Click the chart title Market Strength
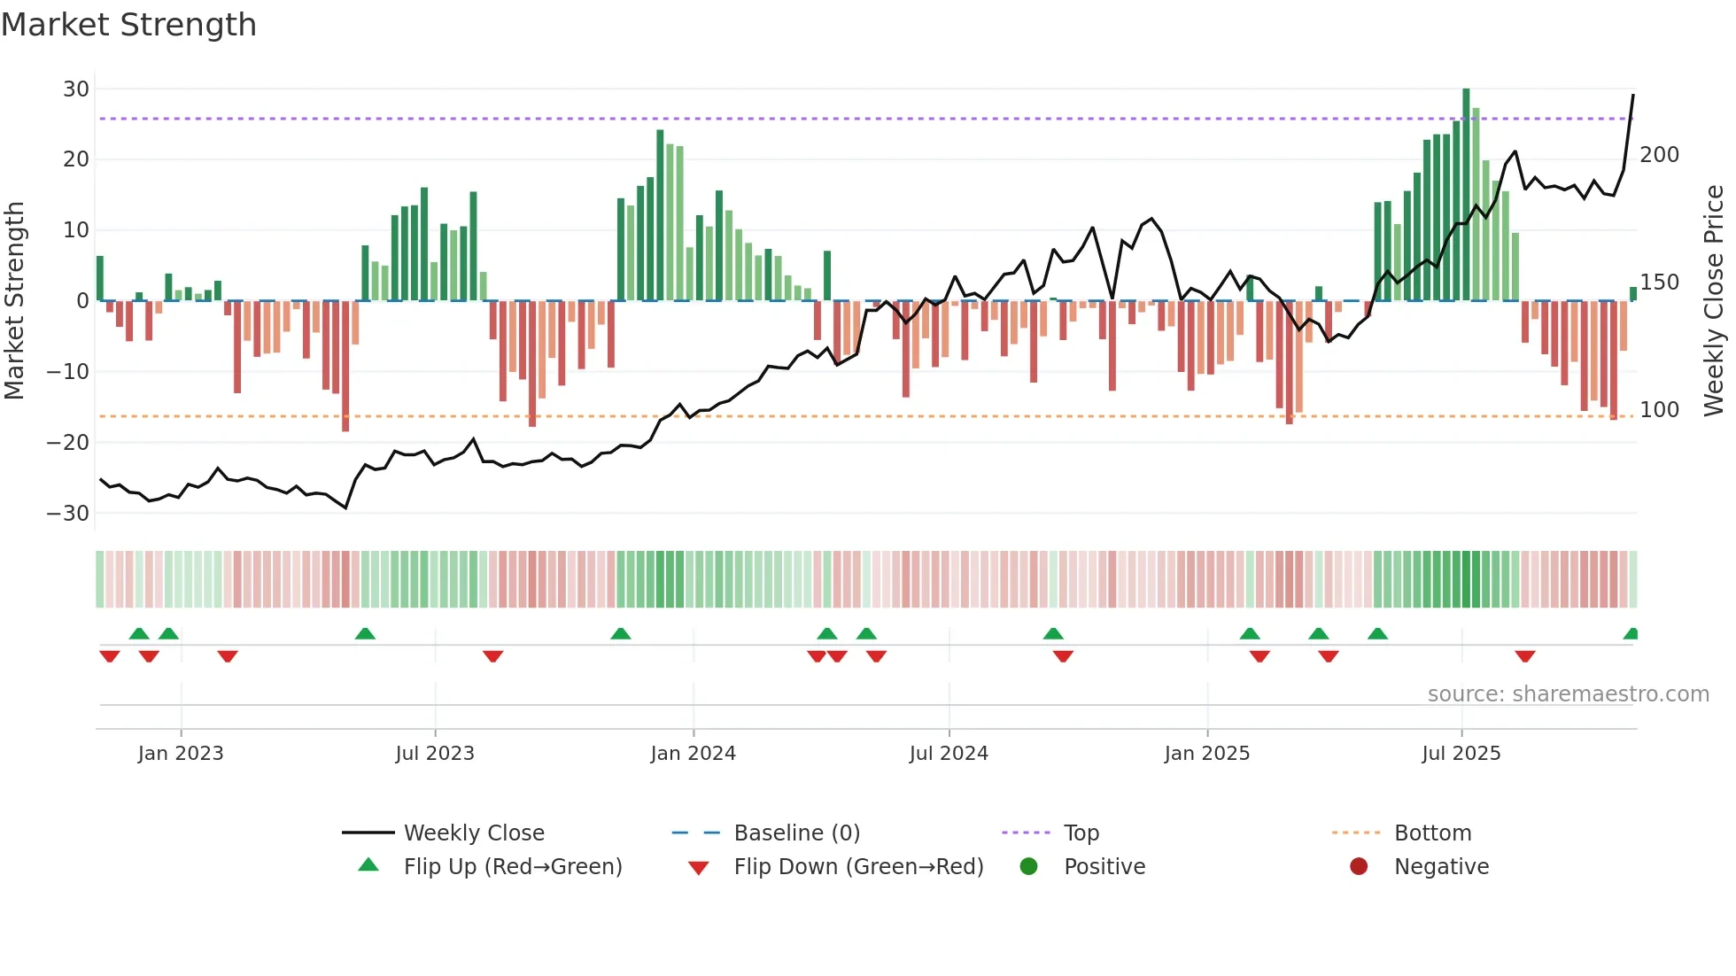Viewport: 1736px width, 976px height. click(128, 25)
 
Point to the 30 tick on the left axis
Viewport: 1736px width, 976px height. click(76, 89)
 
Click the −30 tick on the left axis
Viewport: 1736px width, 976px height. click(68, 514)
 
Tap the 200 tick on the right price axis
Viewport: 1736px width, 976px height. click(1659, 155)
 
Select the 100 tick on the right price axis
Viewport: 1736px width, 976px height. click(1659, 410)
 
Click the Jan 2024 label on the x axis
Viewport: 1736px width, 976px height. click(693, 754)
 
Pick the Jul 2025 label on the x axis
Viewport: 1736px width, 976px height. click(1461, 754)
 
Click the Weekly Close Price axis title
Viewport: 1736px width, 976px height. click(1714, 301)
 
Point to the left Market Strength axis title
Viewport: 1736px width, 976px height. click(14, 301)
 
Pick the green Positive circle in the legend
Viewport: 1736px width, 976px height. click(1028, 867)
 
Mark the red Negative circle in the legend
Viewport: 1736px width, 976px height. click(1359, 867)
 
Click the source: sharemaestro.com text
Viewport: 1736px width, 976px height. click(1568, 694)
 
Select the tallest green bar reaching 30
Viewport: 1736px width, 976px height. click(1466, 195)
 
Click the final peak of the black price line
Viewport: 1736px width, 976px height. click(1633, 96)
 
